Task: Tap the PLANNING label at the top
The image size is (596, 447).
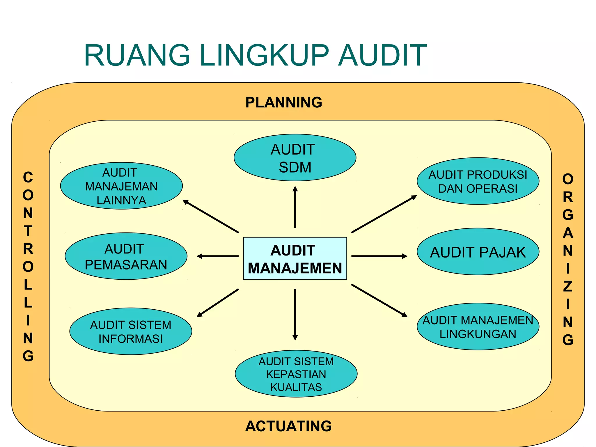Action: click(284, 102)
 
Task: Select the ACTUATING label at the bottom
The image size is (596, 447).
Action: click(288, 426)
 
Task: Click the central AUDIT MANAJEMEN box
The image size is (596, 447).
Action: click(295, 258)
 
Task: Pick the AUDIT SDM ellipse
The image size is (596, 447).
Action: click(295, 158)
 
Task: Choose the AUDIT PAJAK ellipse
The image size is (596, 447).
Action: click(478, 252)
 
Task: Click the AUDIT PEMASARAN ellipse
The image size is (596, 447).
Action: click(126, 256)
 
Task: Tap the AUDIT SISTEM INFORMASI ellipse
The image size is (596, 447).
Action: click(131, 331)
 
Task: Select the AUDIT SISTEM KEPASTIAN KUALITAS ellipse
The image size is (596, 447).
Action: click(296, 374)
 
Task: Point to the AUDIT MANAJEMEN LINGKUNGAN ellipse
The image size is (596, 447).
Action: click(478, 327)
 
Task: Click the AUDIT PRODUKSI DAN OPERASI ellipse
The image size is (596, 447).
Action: click(478, 181)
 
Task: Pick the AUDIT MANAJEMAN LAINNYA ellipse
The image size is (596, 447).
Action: click(121, 186)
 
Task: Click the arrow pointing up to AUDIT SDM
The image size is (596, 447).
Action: click(295, 207)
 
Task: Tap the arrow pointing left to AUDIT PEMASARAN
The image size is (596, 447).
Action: click(218, 256)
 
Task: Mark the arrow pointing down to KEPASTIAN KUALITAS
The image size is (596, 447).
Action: click(295, 314)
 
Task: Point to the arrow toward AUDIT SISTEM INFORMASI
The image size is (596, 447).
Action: click(218, 303)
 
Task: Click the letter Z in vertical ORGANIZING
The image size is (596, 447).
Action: click(567, 286)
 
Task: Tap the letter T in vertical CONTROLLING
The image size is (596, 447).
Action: click(28, 231)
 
